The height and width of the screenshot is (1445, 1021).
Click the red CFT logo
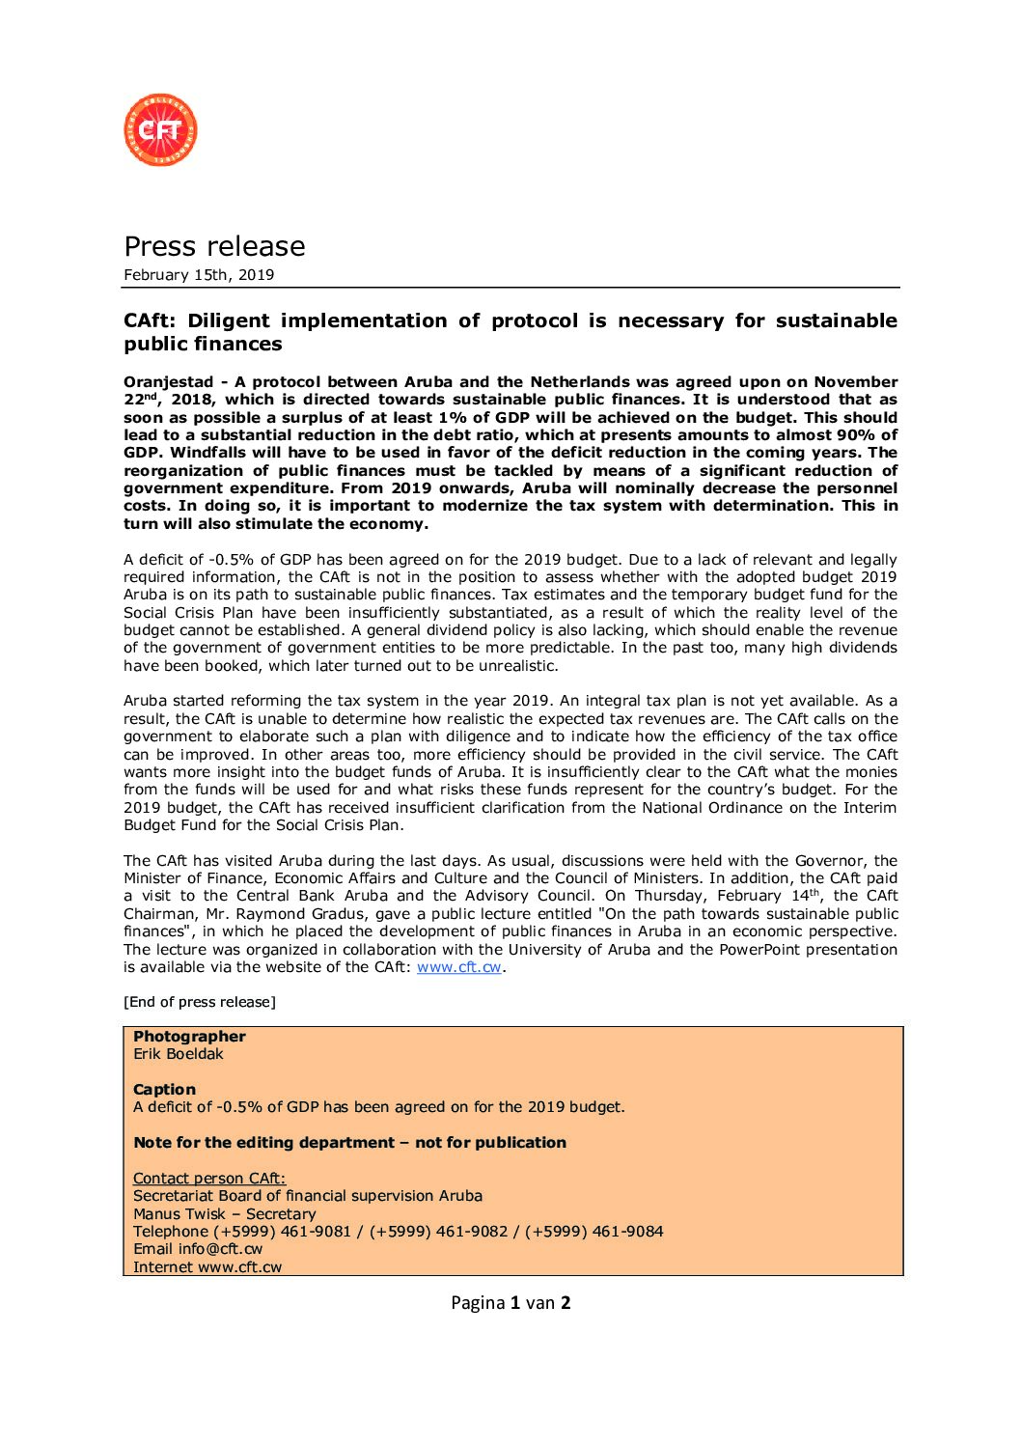point(160,129)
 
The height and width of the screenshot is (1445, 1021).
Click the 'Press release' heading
point(214,246)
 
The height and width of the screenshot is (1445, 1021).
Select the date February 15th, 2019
point(199,275)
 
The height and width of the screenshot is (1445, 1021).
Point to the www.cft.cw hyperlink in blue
point(458,967)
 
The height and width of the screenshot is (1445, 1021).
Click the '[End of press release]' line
point(200,1002)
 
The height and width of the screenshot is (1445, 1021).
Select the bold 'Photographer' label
point(189,1037)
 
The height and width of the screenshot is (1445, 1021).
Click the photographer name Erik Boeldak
point(179,1054)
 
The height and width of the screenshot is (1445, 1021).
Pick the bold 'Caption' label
point(164,1090)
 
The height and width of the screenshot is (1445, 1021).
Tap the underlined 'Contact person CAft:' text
point(209,1179)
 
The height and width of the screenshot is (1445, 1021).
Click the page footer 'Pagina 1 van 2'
point(510,1303)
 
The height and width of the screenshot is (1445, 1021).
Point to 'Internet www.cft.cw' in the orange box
point(207,1267)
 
